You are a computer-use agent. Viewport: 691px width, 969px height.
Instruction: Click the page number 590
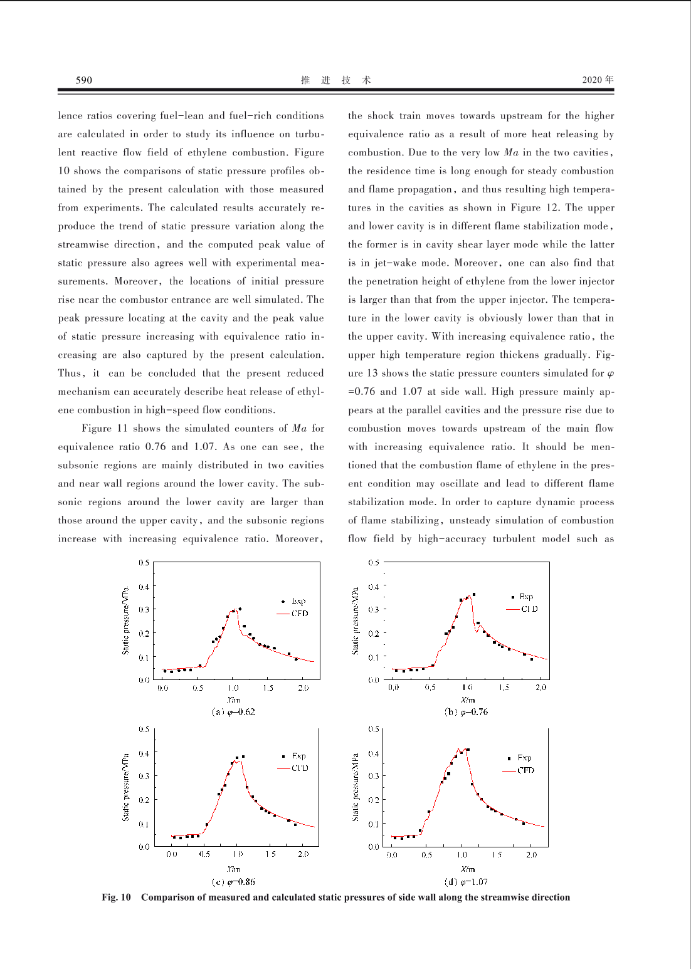coord(83,80)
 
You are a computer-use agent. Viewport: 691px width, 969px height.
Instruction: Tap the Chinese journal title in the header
coord(335,80)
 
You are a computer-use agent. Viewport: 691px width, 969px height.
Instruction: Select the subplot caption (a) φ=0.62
coord(233,712)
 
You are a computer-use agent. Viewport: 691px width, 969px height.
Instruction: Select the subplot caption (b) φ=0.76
coord(466,712)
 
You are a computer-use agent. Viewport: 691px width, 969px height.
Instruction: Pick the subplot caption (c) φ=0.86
coord(233,882)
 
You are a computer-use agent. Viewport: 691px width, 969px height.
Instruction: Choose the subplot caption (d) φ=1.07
coord(466,882)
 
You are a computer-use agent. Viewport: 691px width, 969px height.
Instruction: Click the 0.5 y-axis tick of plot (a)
coord(144,563)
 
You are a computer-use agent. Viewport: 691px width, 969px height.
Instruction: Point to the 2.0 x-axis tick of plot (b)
coord(541,688)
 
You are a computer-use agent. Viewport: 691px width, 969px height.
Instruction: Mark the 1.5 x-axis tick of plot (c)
coord(270,854)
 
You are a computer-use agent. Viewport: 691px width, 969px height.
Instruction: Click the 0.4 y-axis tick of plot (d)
coord(374,753)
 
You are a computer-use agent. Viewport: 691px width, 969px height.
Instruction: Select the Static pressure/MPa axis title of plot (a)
coord(125,621)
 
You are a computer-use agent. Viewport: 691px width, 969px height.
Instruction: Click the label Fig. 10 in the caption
coord(116,898)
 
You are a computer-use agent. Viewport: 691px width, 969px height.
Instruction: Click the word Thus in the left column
coord(70,374)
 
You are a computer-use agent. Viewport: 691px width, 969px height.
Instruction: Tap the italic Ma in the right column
coord(511,152)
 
